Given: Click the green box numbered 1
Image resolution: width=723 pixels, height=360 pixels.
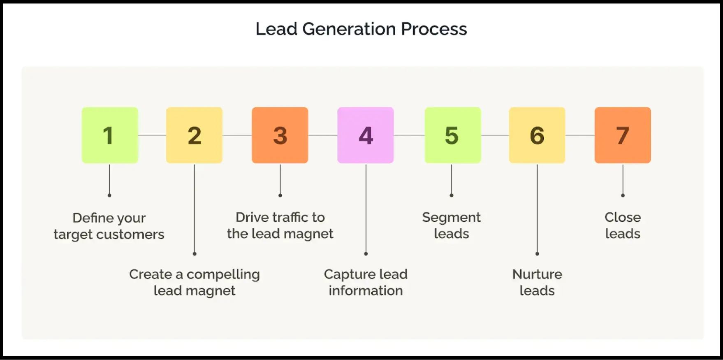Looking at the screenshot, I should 110,135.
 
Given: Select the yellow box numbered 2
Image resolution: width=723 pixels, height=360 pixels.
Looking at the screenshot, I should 194,135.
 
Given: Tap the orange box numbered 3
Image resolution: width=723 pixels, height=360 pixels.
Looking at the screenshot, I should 280,135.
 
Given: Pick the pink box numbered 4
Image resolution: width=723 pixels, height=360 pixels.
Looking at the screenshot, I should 365,135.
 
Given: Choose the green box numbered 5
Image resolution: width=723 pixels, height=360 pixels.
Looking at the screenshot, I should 452,135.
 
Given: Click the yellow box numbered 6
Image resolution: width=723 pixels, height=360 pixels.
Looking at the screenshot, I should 537,135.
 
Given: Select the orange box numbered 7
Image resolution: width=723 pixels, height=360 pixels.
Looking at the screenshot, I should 623,135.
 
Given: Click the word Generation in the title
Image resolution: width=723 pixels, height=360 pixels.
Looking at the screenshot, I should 349,29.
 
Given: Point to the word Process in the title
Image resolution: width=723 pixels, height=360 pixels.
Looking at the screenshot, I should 434,29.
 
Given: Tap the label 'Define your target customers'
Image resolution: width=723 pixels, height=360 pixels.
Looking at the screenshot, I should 109,226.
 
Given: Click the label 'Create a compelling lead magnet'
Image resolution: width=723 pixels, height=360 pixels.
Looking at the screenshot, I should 194,282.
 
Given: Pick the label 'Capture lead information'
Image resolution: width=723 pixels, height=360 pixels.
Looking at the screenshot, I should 365,282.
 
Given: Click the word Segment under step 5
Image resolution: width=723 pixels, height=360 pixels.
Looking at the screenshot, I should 451,218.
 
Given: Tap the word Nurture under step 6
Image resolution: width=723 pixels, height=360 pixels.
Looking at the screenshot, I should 537,274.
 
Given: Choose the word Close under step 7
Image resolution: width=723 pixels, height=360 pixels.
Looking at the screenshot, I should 622,217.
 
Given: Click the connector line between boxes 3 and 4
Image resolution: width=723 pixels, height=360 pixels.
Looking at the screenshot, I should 322,135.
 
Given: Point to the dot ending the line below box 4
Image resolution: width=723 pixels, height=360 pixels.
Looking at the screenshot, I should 366,254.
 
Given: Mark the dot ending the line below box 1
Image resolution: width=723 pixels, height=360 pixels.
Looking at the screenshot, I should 109,195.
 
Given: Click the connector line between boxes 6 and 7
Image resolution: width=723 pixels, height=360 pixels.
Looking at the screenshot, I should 580,135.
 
